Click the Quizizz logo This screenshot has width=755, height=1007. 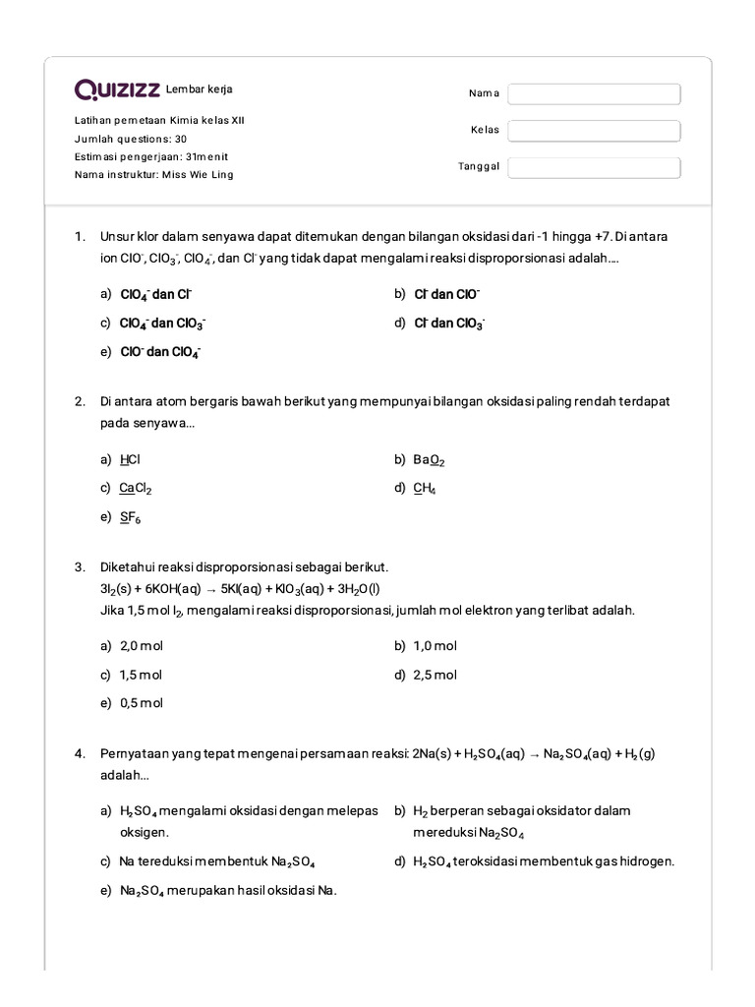pyautogui.click(x=117, y=90)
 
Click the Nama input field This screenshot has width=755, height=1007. pyautogui.click(x=594, y=93)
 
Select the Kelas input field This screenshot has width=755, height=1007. pyautogui.click(x=594, y=131)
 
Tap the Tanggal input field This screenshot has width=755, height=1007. pyautogui.click(x=594, y=167)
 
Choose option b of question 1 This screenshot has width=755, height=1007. pyautogui.click(x=446, y=294)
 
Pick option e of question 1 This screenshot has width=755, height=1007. pyautogui.click(x=160, y=352)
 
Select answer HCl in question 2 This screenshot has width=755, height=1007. pyautogui.click(x=131, y=459)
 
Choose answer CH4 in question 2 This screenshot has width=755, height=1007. pyautogui.click(x=425, y=488)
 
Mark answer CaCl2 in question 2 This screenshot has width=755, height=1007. pyautogui.click(x=136, y=488)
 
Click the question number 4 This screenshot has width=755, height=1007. pyautogui.click(x=81, y=754)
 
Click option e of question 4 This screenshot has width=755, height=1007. pyautogui.click(x=228, y=891)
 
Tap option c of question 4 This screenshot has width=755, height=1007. pyautogui.click(x=216, y=861)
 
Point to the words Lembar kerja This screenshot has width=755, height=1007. pyautogui.click(x=200, y=89)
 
